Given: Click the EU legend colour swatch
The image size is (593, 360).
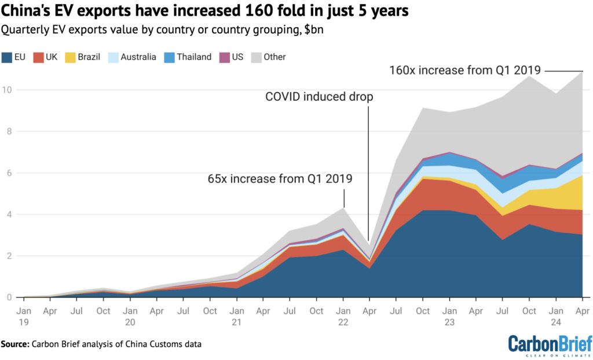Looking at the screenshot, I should (8, 57).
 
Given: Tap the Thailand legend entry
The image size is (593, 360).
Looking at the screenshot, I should (188, 57).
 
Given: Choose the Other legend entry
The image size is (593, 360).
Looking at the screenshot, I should (269, 57).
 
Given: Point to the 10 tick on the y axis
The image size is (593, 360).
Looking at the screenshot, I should (6, 90).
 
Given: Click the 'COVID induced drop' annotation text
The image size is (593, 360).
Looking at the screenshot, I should (319, 97).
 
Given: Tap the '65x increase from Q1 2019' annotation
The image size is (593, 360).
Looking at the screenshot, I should (280, 178).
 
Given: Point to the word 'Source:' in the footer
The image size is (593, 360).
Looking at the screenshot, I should (17, 344).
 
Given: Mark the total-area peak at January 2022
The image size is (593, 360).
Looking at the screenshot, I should (343, 208).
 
